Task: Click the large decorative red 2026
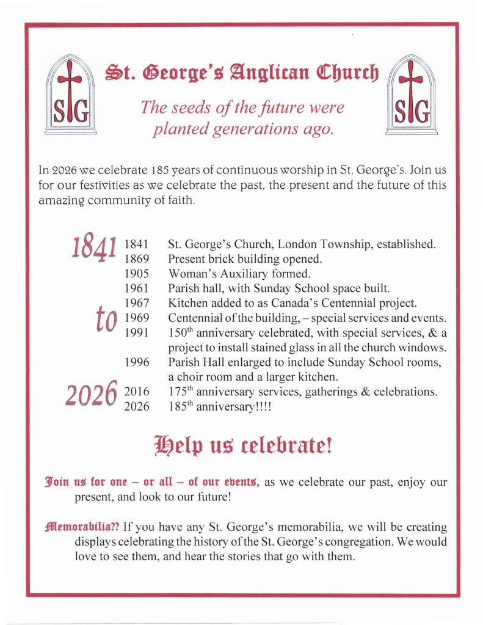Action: pos(91,393)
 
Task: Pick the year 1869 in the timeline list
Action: pos(137,258)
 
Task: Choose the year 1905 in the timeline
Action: pos(137,273)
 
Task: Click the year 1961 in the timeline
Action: pos(137,288)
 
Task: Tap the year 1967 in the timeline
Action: pos(137,302)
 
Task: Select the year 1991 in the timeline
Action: pos(137,332)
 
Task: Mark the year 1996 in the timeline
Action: pos(137,362)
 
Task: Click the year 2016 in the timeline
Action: pos(137,392)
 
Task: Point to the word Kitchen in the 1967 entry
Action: pos(187,302)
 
